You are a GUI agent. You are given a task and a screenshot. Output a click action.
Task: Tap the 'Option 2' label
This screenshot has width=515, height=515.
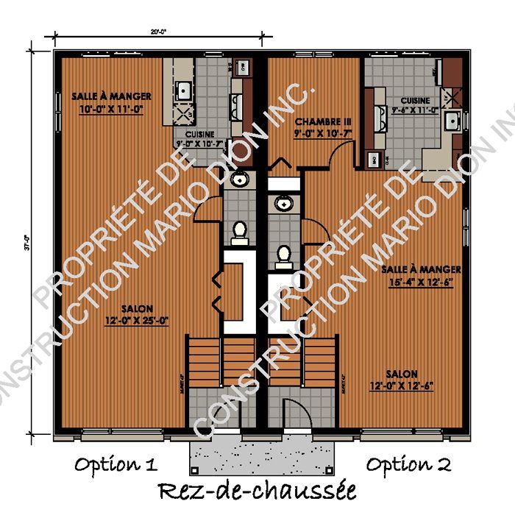point(409,464)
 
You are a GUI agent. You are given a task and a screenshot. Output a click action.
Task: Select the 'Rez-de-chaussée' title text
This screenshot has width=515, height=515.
point(257,490)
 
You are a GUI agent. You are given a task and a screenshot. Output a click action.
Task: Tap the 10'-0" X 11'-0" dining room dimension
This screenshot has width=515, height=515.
point(110,108)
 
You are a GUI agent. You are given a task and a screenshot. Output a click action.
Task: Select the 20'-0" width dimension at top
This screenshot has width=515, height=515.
point(158,32)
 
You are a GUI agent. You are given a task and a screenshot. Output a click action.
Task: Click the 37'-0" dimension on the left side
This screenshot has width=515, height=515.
point(26,243)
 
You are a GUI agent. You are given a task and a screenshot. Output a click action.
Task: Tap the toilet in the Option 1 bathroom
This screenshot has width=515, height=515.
point(238,232)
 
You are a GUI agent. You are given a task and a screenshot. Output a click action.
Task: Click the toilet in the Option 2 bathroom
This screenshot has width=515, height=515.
point(283,255)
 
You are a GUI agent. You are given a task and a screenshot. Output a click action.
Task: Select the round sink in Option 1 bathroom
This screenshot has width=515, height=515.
point(238,180)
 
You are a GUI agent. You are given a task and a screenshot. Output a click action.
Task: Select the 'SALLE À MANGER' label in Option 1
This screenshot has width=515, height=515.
point(112,96)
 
